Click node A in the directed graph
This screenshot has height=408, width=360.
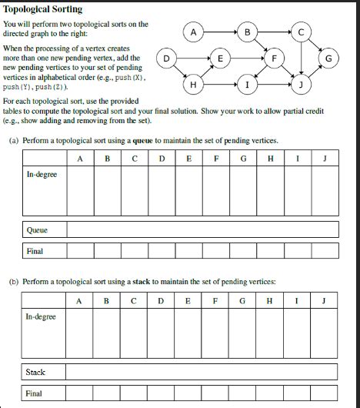193,32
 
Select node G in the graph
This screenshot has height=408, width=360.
328,58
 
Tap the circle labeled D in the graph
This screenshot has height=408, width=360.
166,58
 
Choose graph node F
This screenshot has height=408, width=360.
274,58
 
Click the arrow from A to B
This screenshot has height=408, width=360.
220,32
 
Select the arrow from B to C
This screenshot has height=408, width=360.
274,32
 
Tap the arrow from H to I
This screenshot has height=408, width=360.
220,84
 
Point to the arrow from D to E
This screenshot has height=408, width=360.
193,58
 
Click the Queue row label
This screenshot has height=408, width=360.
37,229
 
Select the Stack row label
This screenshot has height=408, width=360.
35,372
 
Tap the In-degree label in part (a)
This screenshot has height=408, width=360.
42,175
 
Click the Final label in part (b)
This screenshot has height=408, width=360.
34,393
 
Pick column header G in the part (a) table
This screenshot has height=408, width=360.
243,159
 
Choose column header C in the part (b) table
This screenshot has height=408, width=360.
133,301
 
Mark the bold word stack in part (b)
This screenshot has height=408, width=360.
140,283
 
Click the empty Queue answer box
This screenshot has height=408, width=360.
202,229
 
